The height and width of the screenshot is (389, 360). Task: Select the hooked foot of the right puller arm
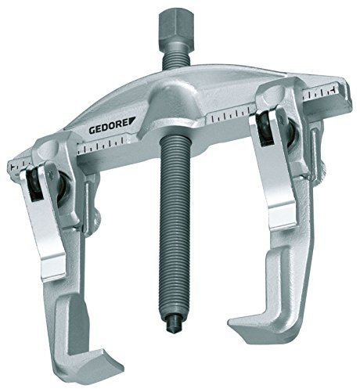coord(264,318)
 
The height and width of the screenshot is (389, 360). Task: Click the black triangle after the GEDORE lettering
coord(131,121)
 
